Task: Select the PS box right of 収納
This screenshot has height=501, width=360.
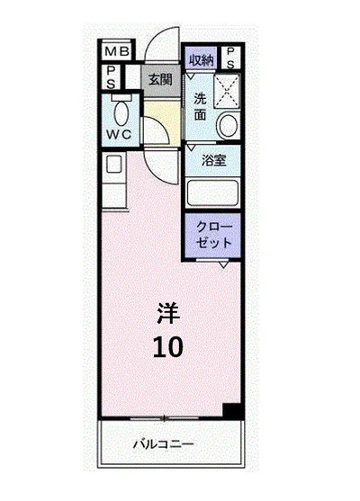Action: point(230,58)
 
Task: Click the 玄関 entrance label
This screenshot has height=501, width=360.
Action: point(160,79)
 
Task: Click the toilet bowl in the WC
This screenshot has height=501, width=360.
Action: point(121,110)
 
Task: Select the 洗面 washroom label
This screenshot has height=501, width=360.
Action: point(202,106)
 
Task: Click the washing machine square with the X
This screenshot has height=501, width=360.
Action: point(226,91)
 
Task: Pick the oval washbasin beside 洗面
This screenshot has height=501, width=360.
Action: point(229,124)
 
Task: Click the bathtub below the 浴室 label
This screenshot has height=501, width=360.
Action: point(212,192)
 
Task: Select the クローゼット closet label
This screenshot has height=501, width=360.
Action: point(214,236)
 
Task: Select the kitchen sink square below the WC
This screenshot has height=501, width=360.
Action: point(114,165)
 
